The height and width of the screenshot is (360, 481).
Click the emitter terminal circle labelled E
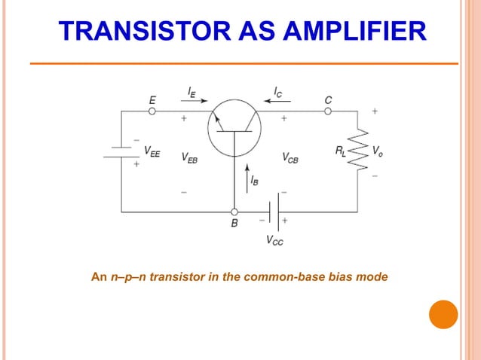point(152,111)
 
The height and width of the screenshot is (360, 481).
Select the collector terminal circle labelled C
point(328,111)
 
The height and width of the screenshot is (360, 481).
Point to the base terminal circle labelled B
point(234,212)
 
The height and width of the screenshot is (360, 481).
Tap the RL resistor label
point(342,151)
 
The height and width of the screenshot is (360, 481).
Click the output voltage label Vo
point(377,151)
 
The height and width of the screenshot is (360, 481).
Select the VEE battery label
point(152,151)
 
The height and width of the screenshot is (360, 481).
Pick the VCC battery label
point(275,241)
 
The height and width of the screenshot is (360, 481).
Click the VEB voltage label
point(190,157)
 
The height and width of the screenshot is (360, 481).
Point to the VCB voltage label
point(290,157)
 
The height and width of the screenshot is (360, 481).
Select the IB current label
point(256,182)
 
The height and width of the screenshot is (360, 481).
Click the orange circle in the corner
point(443,314)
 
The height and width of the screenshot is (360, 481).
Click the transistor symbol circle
point(234,127)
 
